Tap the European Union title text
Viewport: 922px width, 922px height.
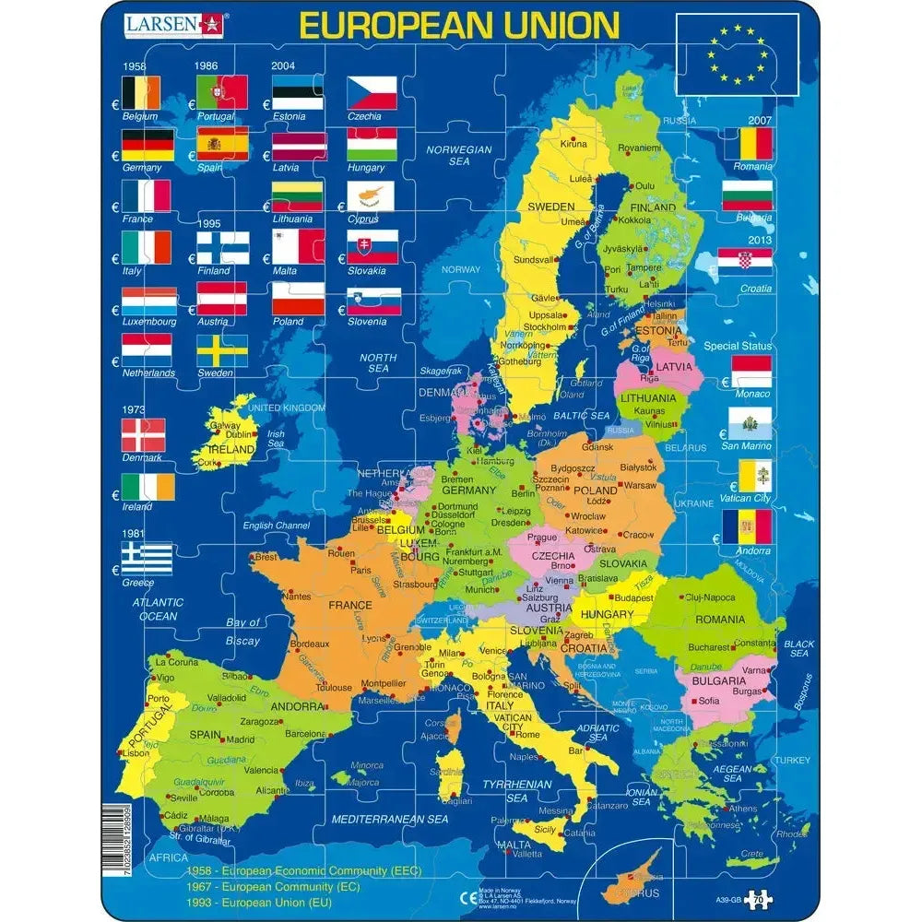(x=459, y=25)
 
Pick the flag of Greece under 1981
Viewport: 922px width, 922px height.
(x=148, y=558)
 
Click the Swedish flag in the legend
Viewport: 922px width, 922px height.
(x=221, y=350)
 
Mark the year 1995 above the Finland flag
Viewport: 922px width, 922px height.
(x=211, y=224)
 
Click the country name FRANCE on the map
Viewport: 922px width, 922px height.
(x=349, y=606)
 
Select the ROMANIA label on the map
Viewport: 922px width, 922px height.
(x=720, y=620)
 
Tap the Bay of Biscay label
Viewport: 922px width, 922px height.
(x=242, y=632)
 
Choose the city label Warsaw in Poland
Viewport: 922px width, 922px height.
(x=639, y=485)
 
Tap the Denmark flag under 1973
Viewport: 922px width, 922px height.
(x=143, y=435)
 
